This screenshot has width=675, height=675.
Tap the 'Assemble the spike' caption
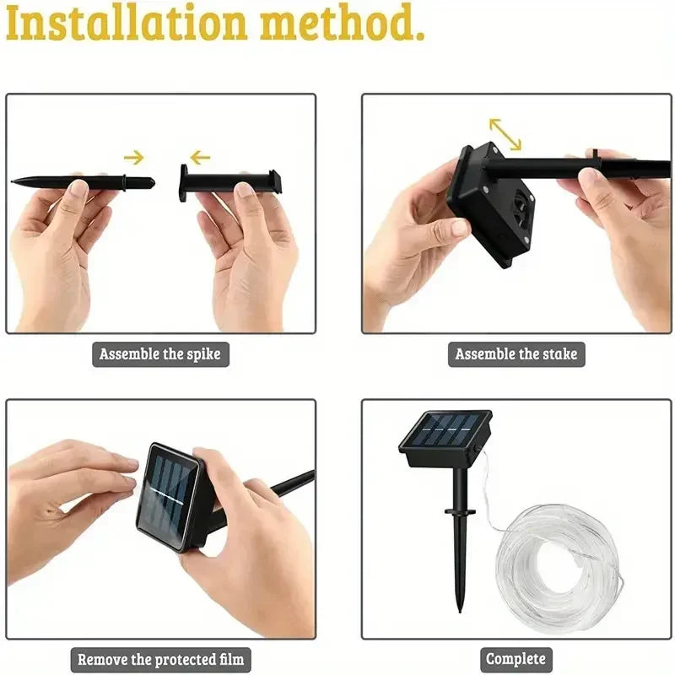point(160,354)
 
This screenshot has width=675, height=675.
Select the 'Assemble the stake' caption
point(516,354)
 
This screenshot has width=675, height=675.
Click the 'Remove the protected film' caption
point(161,659)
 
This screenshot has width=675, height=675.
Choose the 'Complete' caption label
point(516,659)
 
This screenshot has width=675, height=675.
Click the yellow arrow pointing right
point(133,157)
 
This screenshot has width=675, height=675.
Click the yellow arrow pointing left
point(200,157)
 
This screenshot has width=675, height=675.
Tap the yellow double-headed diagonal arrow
point(505,132)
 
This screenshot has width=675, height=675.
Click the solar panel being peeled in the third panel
point(167,494)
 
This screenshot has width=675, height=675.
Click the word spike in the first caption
point(202,354)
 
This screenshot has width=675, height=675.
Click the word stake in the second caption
point(558,354)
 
